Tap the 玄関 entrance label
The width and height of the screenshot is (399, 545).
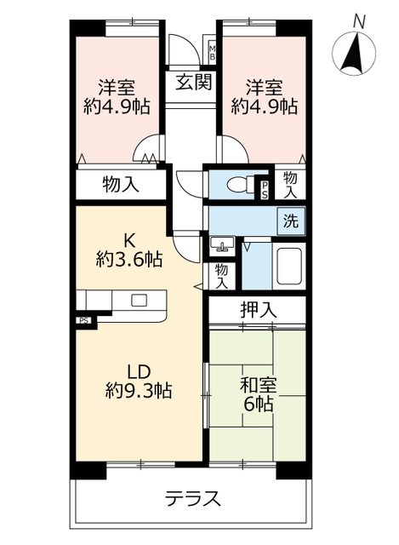(192, 83)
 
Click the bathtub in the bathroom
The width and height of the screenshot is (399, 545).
(288, 267)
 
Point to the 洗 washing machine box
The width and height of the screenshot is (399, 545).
(291, 221)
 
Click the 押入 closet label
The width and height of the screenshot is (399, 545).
(256, 311)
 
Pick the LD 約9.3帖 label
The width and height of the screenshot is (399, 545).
(140, 381)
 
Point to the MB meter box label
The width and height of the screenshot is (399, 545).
(213, 52)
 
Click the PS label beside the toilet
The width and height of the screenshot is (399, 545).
(265, 188)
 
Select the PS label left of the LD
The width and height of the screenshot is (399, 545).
(83, 321)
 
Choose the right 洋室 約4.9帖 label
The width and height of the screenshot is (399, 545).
(265, 96)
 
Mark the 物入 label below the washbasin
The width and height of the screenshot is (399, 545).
(222, 275)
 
